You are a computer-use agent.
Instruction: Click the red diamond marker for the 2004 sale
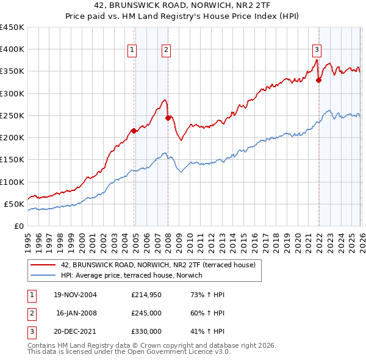pyautogui.click(x=134, y=131)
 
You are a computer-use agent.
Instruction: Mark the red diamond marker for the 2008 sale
pyautogui.click(x=168, y=118)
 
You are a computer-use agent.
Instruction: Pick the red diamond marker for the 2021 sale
pyautogui.click(x=318, y=80)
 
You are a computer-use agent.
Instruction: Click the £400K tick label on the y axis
pyautogui.click(x=12, y=49)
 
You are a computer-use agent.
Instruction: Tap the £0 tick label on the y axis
pyautogui.click(x=18, y=226)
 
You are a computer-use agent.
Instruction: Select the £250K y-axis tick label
pyautogui.click(x=12, y=115)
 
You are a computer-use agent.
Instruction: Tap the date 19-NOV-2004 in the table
pyautogui.click(x=76, y=295)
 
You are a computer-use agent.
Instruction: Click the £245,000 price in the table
pyautogui.click(x=146, y=313)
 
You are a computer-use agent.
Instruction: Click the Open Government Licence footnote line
pyautogui.click(x=129, y=351)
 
